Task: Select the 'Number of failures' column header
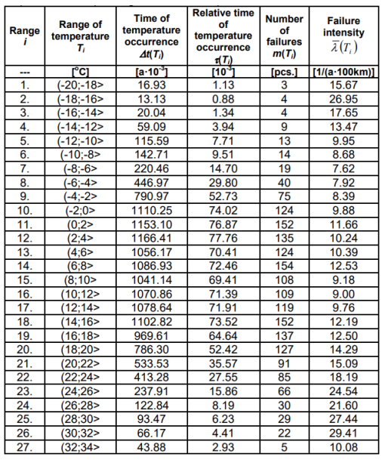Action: (x=285, y=33)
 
